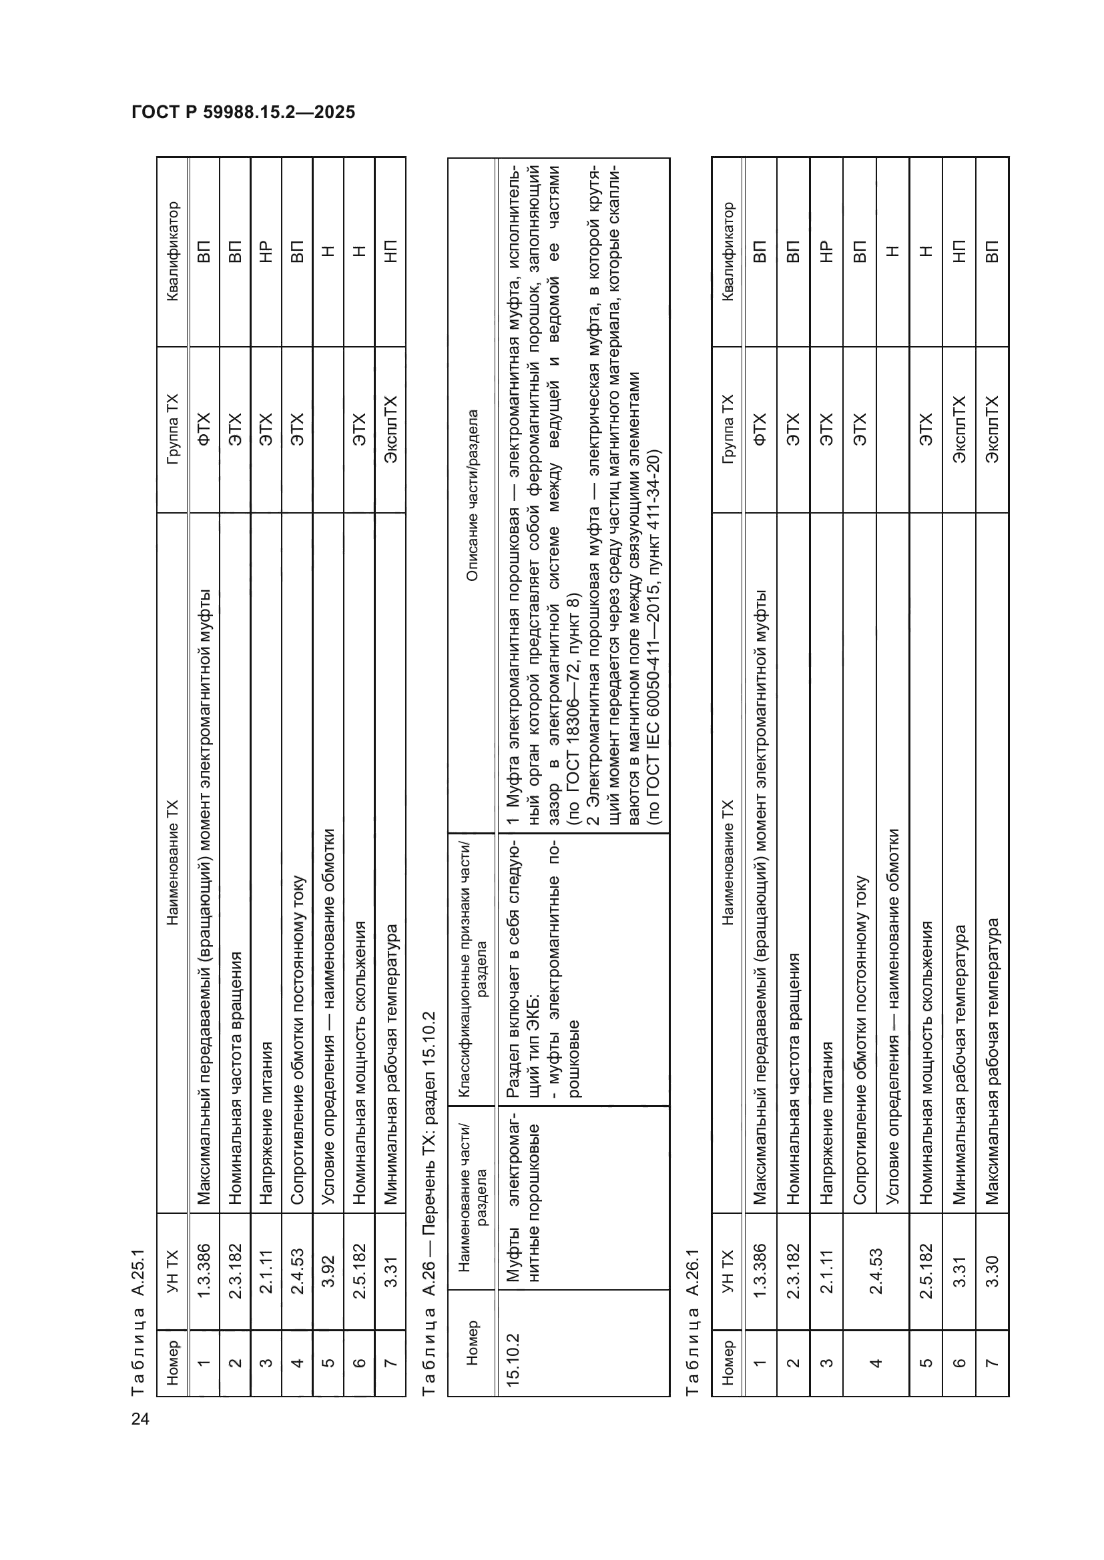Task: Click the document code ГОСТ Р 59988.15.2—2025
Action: click(x=243, y=112)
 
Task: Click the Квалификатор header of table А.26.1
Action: click(x=728, y=251)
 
